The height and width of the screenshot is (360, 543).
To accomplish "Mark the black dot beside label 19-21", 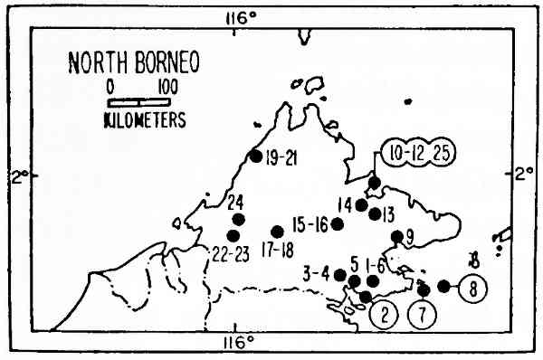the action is coord(255,156).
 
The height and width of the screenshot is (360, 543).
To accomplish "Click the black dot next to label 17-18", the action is coord(277,232).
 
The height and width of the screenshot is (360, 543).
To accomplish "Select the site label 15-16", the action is coord(310,223).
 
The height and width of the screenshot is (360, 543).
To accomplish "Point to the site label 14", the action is coord(345,204).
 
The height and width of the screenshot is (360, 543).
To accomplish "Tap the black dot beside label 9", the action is coord(396,237).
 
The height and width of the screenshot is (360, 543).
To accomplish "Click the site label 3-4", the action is coord(318,271).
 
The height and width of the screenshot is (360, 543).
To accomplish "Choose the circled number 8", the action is coord(474,289).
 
